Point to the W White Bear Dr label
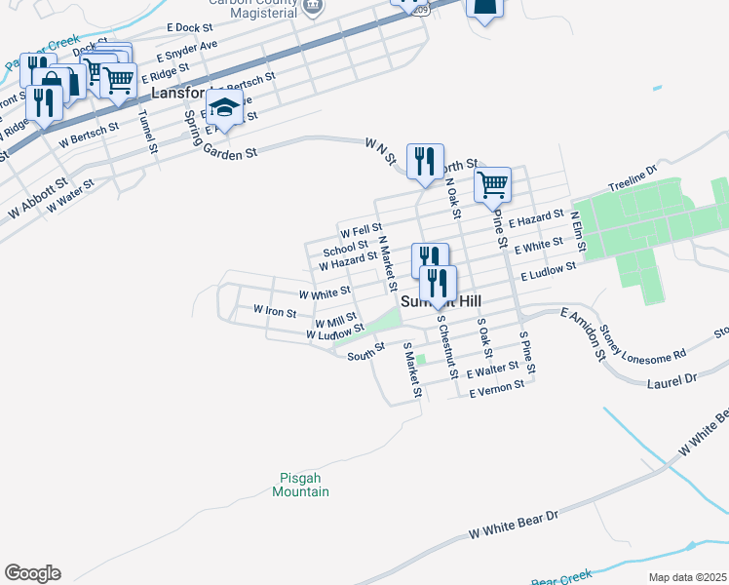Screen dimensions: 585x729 coord(512,524)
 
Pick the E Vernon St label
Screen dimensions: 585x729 coord(497,389)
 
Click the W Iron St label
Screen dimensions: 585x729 coord(274,311)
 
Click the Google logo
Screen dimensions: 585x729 coord(32,573)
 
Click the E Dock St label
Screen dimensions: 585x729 coord(189,27)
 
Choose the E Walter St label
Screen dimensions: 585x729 coord(497,370)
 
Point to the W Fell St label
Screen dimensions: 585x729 coord(360,231)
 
